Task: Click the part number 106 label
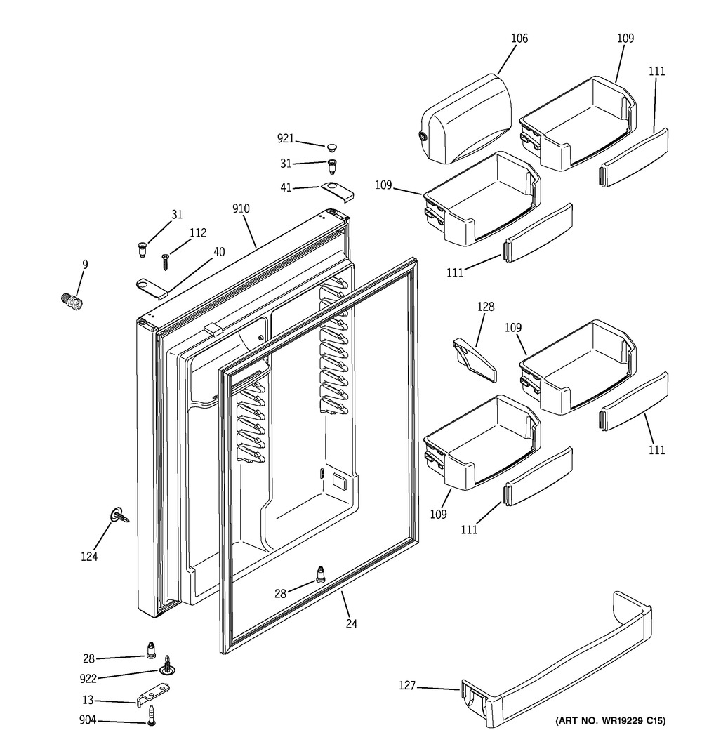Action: tap(519, 38)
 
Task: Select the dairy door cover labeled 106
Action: tap(466, 119)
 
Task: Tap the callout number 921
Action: tap(286, 138)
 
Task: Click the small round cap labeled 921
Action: tap(332, 146)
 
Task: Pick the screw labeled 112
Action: tap(165, 262)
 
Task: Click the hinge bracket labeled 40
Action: tap(152, 289)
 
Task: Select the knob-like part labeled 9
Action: tap(72, 302)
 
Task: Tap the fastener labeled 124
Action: tap(120, 517)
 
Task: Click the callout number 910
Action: tap(241, 208)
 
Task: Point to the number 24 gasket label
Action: tap(352, 623)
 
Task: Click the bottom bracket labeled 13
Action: tap(154, 695)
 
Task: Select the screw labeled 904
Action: tap(152, 715)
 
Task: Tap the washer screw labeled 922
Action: tap(167, 665)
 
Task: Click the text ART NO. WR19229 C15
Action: tap(610, 721)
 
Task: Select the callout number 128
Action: tap(485, 307)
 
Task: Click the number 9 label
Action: tap(85, 264)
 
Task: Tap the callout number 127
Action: tap(407, 685)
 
